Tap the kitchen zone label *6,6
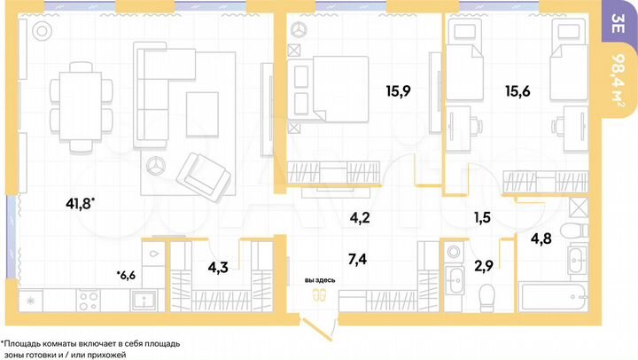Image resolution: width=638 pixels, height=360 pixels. coord(126,275)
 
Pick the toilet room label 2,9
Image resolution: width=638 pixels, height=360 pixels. coord(484,265)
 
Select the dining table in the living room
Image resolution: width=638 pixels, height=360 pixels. coord(82,105)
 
